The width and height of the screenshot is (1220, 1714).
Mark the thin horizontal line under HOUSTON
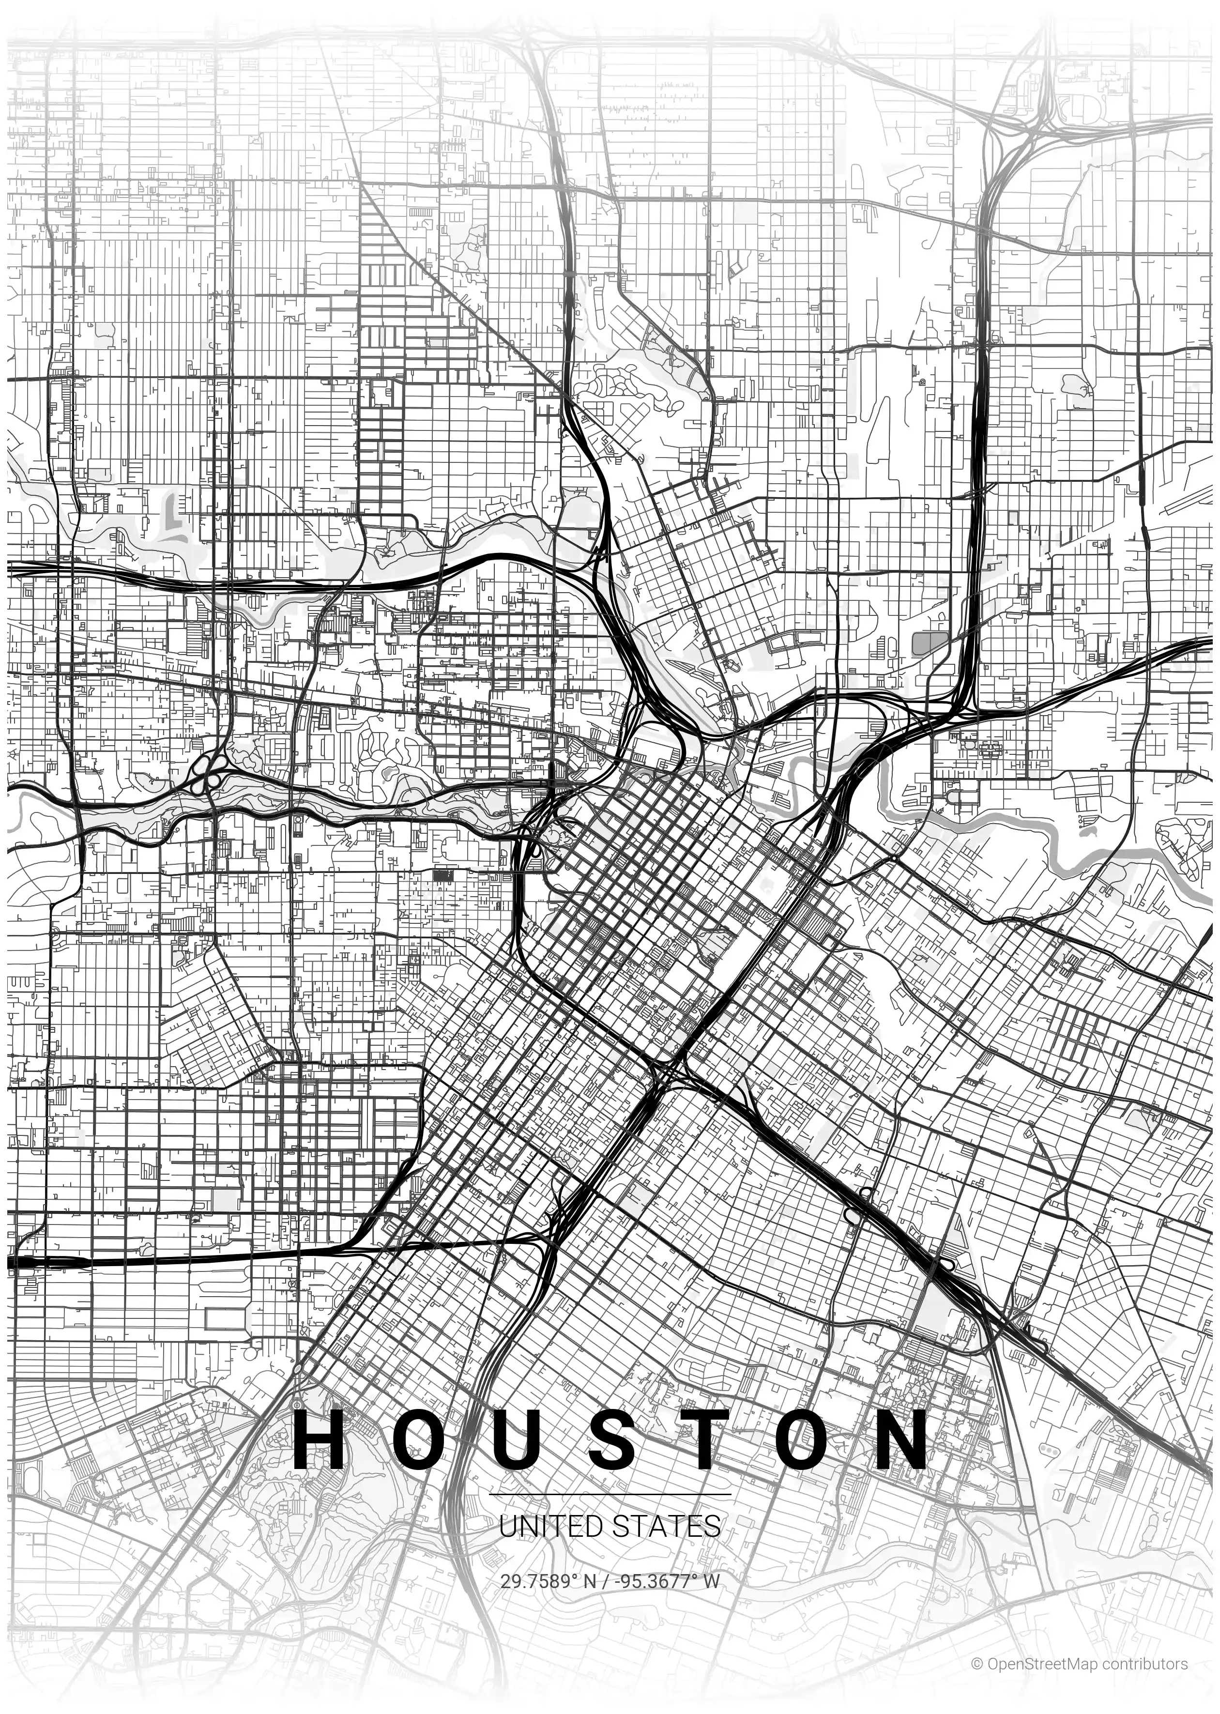click(x=610, y=1494)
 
